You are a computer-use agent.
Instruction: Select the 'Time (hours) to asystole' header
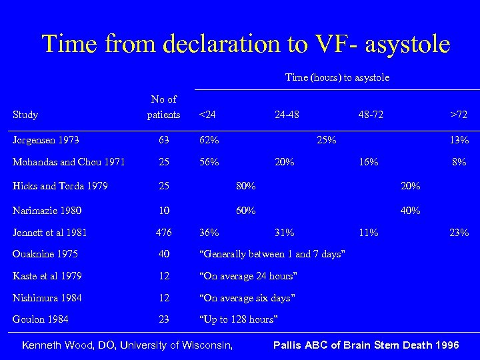click(337, 77)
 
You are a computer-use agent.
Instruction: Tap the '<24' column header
click(207, 115)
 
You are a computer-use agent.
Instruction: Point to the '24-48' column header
click(287, 115)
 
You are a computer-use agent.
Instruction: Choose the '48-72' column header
click(371, 115)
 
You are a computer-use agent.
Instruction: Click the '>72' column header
click(459, 115)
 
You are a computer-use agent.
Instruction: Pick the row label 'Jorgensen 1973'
click(46, 140)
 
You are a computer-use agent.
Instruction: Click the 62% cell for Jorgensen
click(210, 140)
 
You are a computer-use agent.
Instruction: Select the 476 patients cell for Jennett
click(163, 233)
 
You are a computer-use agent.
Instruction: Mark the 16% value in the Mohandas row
click(368, 162)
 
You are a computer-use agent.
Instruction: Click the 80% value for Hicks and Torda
click(246, 185)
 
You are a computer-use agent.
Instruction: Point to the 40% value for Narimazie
click(410, 210)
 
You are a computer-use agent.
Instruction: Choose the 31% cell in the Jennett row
click(285, 233)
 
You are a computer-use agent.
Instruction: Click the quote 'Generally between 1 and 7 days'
click(272, 254)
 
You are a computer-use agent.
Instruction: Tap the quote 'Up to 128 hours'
click(238, 319)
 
